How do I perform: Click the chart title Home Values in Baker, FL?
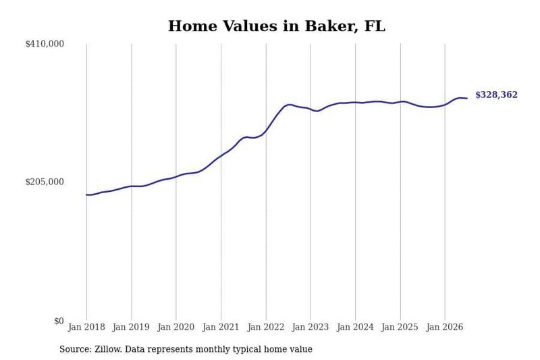click(277, 26)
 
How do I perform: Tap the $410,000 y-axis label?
click(45, 44)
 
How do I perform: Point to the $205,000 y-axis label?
click(45, 182)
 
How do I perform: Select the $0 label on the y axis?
click(59, 321)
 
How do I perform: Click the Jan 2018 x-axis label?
click(86, 327)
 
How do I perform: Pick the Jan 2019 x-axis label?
click(131, 327)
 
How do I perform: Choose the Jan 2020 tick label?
click(176, 327)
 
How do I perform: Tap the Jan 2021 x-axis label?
click(221, 327)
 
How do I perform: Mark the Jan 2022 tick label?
click(266, 327)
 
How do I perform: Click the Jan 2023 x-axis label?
click(310, 327)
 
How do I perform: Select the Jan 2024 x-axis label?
click(355, 327)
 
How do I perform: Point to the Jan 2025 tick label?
click(400, 327)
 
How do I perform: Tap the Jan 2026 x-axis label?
click(445, 327)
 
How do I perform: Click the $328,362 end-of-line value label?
click(496, 95)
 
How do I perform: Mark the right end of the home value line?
click(467, 99)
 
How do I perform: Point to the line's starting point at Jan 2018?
click(86, 195)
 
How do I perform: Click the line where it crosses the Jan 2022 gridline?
click(266, 130)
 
